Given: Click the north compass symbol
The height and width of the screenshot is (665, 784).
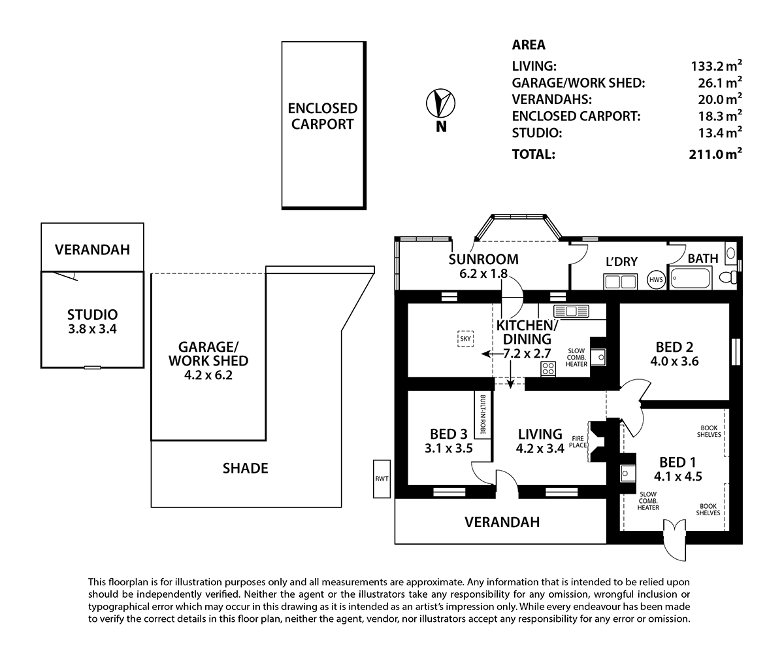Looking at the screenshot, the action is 440,103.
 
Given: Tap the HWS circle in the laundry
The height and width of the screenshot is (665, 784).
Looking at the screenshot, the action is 656,280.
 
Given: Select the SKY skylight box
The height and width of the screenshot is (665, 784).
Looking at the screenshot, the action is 465,339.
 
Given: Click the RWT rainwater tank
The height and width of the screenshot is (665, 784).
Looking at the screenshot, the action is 382,479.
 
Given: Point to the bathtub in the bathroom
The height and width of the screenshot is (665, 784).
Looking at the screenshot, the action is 691,278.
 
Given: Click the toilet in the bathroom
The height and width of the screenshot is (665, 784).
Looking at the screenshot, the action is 728,277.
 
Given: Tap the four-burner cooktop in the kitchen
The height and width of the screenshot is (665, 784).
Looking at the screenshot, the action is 548,369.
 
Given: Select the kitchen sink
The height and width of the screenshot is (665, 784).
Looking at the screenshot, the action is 571,311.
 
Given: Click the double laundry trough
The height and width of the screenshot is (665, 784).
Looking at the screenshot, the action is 620,282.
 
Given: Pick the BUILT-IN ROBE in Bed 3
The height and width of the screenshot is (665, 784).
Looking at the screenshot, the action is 483,415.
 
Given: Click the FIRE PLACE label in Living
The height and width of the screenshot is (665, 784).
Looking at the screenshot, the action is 578,442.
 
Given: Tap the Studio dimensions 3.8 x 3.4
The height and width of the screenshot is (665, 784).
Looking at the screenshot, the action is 92,329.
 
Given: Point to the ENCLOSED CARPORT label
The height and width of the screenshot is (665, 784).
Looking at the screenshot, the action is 322,116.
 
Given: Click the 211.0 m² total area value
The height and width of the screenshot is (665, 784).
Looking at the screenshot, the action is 715,154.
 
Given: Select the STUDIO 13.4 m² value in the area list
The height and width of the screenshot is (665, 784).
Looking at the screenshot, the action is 720,133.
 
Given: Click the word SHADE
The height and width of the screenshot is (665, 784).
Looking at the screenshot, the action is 246,468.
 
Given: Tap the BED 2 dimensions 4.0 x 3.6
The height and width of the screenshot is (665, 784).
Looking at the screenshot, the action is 674,361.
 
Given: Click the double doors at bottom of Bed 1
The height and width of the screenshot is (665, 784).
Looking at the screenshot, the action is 675,539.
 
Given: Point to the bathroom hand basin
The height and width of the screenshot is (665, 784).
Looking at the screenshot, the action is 730,253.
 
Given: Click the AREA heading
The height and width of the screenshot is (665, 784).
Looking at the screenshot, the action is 529,44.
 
